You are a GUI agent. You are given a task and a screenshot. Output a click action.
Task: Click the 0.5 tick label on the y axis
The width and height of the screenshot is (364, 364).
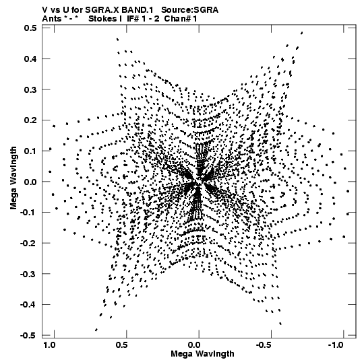(x=30, y=28)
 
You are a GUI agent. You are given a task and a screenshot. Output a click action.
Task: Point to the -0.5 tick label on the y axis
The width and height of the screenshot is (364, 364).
(x=28, y=336)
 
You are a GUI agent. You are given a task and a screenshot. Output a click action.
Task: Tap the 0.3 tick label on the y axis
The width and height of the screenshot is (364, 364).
(x=30, y=89)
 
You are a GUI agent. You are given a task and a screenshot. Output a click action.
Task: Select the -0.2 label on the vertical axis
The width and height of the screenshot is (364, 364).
(x=28, y=244)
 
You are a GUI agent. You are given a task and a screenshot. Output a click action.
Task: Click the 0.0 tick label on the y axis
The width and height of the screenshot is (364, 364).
(x=30, y=182)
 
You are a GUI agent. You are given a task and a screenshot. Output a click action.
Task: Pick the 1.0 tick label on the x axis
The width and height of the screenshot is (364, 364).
(x=50, y=345)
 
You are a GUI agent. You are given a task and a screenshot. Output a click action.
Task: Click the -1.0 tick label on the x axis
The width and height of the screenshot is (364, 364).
(x=336, y=345)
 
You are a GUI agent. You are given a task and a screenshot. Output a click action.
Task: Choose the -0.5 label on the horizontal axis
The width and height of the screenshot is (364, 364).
(x=264, y=345)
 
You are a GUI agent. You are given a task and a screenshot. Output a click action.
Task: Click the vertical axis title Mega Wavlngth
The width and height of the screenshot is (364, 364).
(x=13, y=178)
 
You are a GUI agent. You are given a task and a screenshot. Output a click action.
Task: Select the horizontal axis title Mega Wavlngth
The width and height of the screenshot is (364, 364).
(x=202, y=354)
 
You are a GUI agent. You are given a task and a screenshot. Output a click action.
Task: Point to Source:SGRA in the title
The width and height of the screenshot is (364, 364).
(x=190, y=10)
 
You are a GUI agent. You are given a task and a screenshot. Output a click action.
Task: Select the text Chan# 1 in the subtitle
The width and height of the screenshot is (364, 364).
(x=181, y=19)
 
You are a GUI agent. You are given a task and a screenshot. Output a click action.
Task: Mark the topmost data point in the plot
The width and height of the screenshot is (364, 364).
(x=302, y=33)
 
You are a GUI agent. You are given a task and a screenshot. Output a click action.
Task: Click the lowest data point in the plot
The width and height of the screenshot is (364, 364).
(x=96, y=330)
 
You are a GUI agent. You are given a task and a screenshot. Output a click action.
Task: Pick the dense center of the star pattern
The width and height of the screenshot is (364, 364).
(x=198, y=182)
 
